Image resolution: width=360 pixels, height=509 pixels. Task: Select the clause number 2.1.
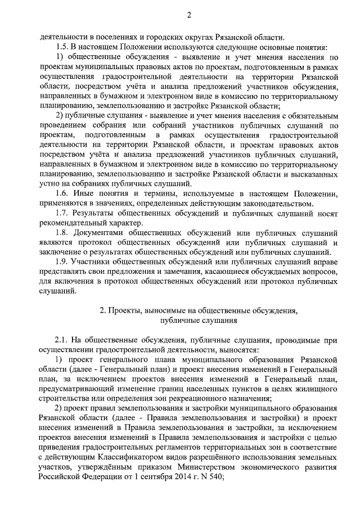point(62,340)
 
